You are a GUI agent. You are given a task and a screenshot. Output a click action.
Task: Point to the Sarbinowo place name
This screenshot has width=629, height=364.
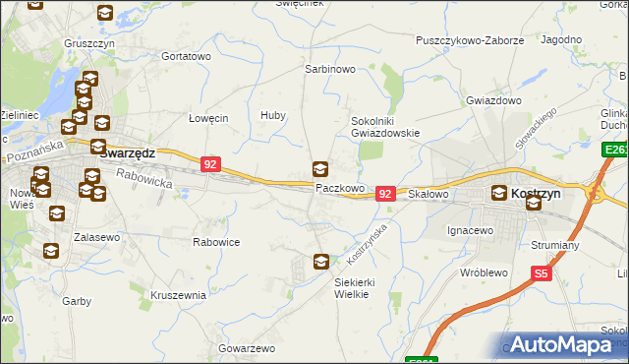click(329, 71)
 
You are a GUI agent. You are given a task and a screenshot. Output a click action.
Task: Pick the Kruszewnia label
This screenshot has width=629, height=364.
click(178, 294)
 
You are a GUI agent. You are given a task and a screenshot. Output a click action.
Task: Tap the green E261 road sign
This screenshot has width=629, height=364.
click(616, 150)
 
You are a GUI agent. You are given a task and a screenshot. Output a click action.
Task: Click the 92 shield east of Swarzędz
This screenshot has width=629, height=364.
click(210, 165)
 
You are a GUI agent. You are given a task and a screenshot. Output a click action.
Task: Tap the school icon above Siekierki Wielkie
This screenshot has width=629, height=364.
click(321, 262)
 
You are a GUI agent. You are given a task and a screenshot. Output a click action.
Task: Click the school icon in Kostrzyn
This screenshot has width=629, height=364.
click(534, 204)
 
